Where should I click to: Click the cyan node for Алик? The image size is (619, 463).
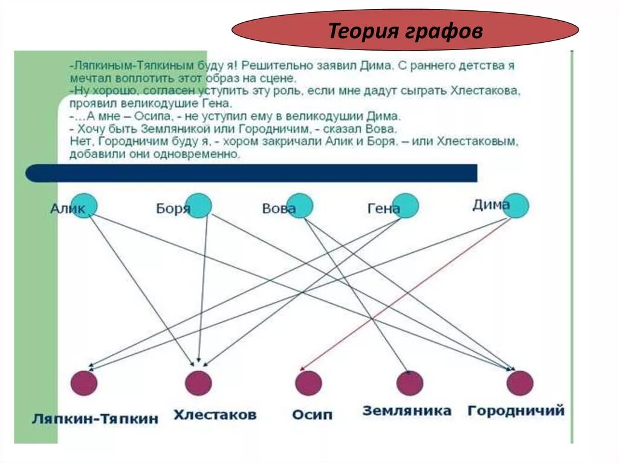[83, 205]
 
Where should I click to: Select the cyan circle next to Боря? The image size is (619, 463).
[198, 205]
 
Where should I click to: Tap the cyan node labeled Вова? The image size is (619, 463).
[300, 205]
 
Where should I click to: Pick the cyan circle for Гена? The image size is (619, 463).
[405, 205]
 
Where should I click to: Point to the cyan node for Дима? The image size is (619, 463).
[515, 205]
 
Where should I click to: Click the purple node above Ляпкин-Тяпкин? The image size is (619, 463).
[83, 383]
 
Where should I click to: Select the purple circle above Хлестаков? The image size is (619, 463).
[198, 383]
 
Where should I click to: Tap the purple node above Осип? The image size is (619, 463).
[308, 383]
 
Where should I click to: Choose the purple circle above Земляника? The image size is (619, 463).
[409, 383]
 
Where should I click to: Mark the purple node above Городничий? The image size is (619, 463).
[520, 383]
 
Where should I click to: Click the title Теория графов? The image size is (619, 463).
[405, 31]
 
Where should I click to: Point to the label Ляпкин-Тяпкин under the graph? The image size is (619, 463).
[96, 418]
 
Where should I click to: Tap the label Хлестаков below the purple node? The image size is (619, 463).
[215, 415]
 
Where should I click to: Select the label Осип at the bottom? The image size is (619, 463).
[312, 415]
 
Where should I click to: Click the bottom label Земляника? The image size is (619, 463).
[407, 411]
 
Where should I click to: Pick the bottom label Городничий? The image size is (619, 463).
[516, 411]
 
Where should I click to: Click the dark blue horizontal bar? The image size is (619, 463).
[251, 173]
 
